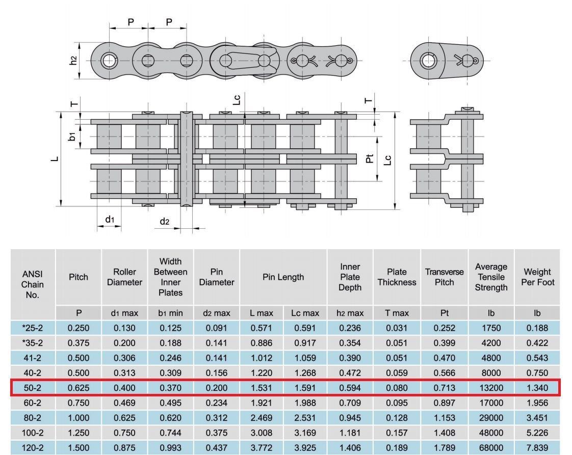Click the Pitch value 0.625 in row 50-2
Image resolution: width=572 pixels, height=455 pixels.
pos(79,388)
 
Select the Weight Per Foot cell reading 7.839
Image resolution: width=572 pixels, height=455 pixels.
pos(537,447)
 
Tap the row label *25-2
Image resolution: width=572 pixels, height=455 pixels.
pos(33,328)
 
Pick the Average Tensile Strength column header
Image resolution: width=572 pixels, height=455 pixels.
pos(491,277)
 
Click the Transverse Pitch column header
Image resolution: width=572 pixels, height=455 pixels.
pos(445,277)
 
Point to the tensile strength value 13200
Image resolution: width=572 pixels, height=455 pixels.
pos(491,388)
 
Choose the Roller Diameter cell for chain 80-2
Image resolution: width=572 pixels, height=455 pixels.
pos(124,417)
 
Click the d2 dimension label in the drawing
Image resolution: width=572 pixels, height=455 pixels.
pos(165,221)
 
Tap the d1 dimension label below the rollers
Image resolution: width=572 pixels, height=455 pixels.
pos(110,219)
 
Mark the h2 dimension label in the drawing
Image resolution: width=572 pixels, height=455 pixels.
pos(73,61)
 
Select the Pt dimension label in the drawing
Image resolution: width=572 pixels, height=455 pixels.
pos(370,158)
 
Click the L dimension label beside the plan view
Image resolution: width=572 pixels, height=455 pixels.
pos(55,159)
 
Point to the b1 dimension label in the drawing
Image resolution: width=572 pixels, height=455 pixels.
pos(72,137)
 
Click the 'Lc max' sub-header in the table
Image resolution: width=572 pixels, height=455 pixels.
pos(305,313)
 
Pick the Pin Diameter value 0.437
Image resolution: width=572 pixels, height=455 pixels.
pos(216,447)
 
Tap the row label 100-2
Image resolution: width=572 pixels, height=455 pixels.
pos(33,433)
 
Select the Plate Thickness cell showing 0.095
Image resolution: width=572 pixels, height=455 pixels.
pos(397,403)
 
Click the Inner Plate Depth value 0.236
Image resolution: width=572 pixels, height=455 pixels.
pos(350,328)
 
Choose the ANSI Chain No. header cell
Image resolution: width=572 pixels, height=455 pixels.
pos(33,284)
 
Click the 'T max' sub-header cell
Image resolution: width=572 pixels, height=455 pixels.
pos(397,313)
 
